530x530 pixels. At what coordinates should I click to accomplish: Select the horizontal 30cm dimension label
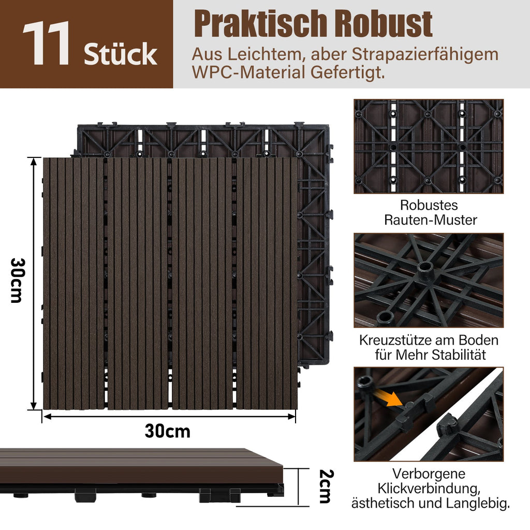click(167, 431)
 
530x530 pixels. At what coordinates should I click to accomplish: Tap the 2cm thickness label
click(325, 486)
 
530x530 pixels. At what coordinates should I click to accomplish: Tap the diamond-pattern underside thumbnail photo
click(428, 146)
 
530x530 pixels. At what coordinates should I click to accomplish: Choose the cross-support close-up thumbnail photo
click(428, 280)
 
